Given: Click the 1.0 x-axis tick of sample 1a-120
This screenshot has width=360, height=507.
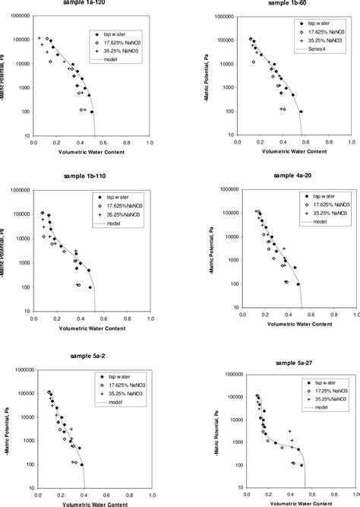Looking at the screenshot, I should (150, 141).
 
